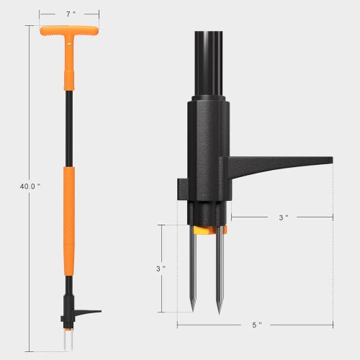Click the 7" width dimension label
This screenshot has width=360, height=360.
pyautogui.click(x=70, y=14)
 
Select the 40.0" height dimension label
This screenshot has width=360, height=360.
pyautogui.click(x=30, y=186)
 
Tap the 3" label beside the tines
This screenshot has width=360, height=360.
pyautogui.click(x=161, y=268)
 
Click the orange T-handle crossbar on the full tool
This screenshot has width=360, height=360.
pyautogui.click(x=70, y=32)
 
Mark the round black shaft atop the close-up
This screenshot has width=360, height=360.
pyautogui.click(x=209, y=61)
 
